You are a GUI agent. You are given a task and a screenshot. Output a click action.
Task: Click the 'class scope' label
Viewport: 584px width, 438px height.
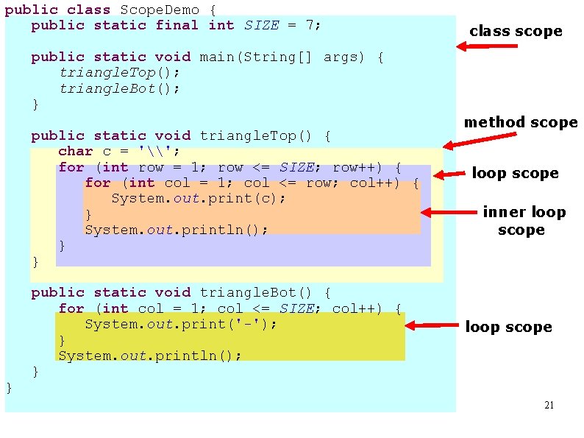[x=515, y=31]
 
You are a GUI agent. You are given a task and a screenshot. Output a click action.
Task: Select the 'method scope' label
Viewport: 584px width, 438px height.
[x=520, y=122]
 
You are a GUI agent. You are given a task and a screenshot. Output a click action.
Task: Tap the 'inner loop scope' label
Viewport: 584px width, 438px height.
[x=523, y=221]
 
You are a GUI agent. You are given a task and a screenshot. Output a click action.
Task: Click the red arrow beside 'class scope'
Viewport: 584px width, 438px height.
[x=486, y=46]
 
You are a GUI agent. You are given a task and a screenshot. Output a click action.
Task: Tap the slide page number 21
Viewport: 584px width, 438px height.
[x=548, y=406]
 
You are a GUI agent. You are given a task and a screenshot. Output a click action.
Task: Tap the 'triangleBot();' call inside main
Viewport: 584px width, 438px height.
[x=119, y=88]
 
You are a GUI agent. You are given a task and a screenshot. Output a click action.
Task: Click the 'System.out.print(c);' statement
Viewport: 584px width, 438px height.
[x=199, y=199]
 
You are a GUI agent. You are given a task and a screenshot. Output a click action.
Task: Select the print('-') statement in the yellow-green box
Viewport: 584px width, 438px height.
[x=181, y=324]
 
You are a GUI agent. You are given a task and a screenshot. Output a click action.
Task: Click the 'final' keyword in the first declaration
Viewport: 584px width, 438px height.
[x=177, y=25]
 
